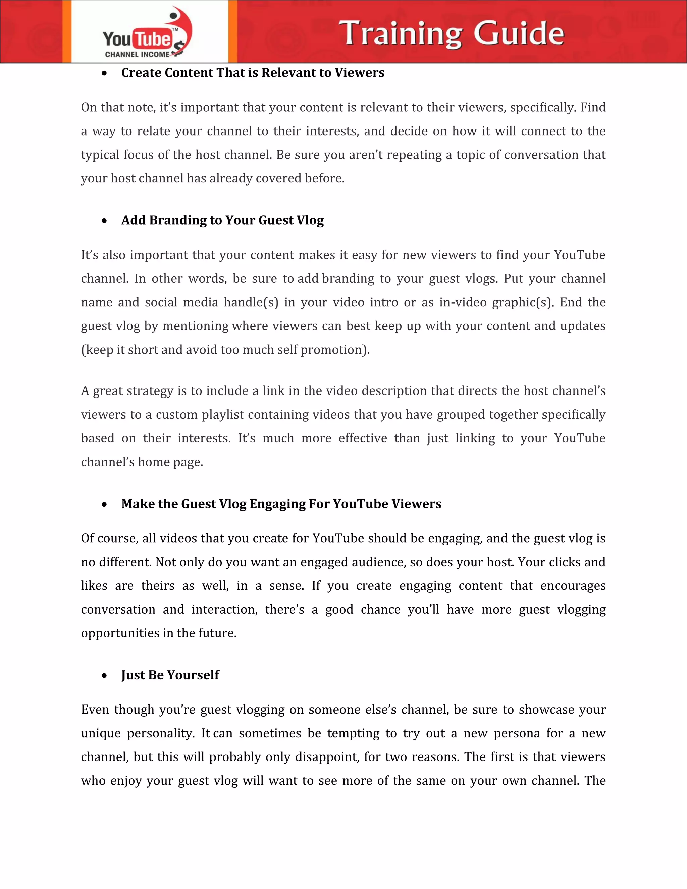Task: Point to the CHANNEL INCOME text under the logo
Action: (x=137, y=55)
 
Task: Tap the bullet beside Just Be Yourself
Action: (x=105, y=676)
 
